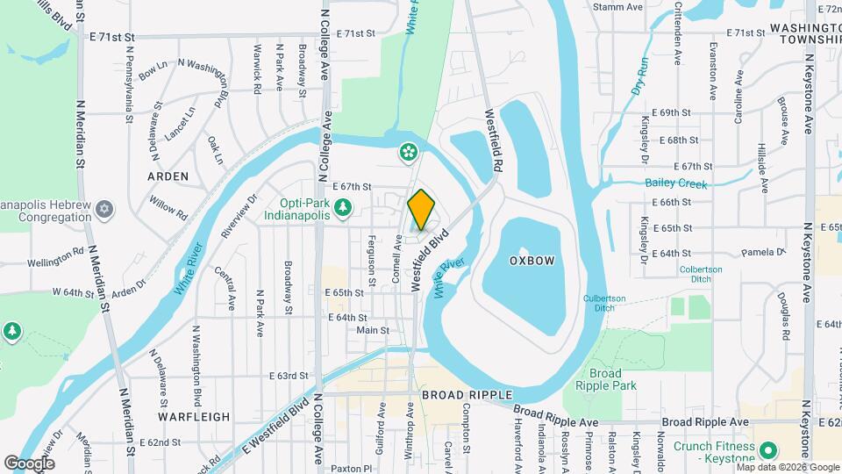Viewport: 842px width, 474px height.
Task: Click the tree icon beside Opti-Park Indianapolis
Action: pos(344,207)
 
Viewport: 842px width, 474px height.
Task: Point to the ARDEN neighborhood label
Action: pos(168,176)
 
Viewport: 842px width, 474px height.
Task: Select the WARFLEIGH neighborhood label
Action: pos(194,417)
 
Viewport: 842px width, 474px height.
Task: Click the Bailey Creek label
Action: pos(675,183)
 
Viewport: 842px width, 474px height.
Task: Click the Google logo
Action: pos(29,463)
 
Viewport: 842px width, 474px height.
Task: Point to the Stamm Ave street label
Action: pos(617,7)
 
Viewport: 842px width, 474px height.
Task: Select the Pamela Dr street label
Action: pos(760,252)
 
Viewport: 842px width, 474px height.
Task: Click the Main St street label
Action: pos(373,330)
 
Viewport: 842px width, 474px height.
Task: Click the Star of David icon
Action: pos(104,208)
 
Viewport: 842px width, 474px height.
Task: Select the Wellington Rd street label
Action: pos(54,262)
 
